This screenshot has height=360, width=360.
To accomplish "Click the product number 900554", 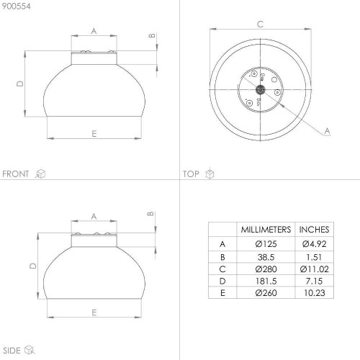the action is click(17, 6).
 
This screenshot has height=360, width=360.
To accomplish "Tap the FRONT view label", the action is click(16, 174).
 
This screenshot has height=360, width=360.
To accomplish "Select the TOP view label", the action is click(191, 174).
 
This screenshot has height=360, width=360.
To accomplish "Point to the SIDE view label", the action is click(12, 351).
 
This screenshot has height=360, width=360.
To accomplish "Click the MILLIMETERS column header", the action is click(266, 230).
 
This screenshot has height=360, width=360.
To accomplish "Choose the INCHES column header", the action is click(314, 230).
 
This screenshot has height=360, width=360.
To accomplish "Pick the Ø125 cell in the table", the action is click(266, 244).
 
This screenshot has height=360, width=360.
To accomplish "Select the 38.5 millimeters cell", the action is click(266, 257).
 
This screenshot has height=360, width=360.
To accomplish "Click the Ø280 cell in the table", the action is click(266, 269).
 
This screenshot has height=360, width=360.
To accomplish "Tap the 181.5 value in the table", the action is click(266, 281).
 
